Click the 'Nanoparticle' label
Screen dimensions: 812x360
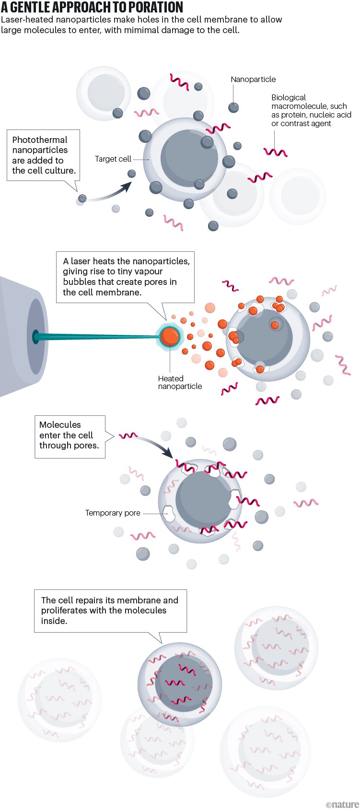[253, 79]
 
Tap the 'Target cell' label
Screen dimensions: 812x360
[113, 159]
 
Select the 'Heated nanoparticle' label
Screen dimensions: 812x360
[180, 382]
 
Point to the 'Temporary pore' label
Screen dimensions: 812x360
[113, 513]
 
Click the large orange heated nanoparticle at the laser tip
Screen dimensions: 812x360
[170, 336]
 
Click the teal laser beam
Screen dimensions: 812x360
[96, 337]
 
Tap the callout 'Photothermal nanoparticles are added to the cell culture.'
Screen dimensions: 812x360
[43, 155]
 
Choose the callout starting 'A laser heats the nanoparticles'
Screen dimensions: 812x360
[126, 277]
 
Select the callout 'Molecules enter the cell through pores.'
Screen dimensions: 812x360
[70, 435]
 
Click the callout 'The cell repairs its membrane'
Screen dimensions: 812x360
[110, 610]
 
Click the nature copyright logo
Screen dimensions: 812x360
[342, 804]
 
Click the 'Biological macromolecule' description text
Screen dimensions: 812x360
[311, 110]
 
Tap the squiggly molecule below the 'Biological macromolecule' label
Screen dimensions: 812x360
[276, 153]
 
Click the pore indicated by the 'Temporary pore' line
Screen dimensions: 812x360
[169, 514]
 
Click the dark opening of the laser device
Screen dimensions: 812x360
[36, 336]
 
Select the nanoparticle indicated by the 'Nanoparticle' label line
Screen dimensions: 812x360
[233, 107]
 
